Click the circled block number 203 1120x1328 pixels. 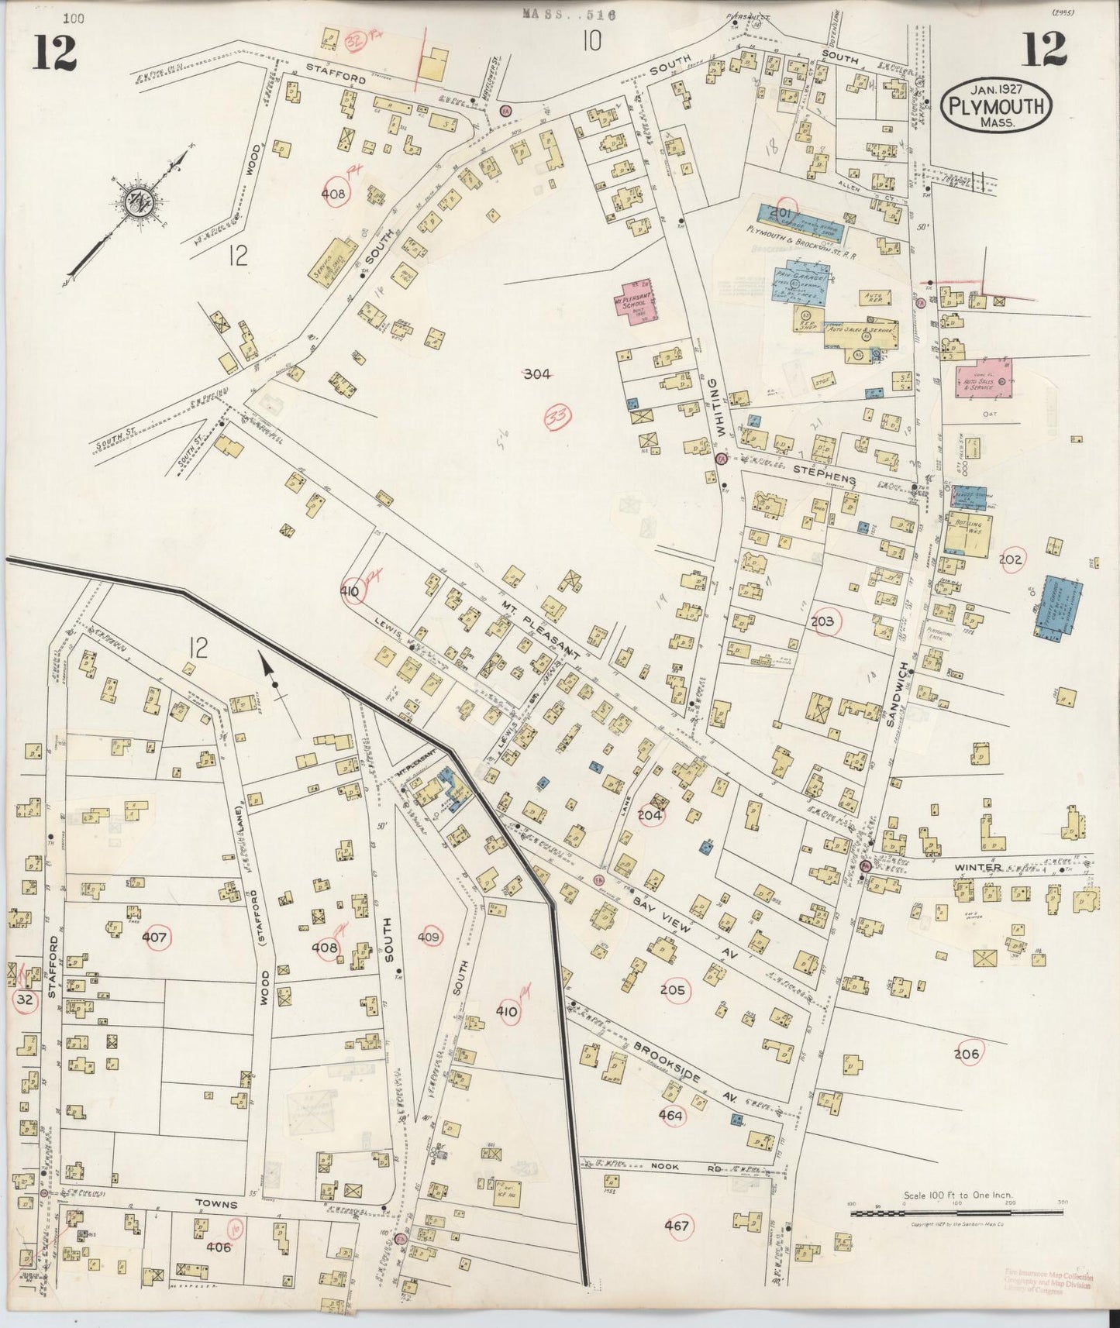click(x=822, y=621)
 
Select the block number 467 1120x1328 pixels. click(x=676, y=1226)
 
